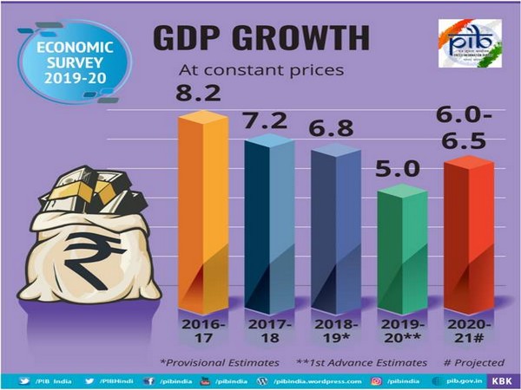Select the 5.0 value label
click(x=399, y=169)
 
